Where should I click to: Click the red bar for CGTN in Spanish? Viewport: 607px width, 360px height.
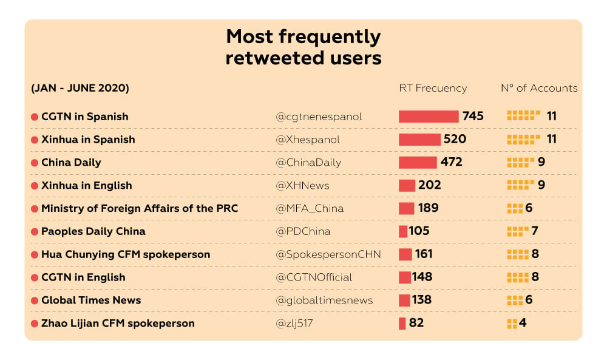tap(429, 117)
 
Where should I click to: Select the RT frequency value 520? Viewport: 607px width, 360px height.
tap(455, 139)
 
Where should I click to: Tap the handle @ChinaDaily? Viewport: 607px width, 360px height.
tap(308, 163)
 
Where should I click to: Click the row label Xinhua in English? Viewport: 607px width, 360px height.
tap(86, 185)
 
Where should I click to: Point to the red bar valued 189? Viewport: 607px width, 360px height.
tap(406, 208)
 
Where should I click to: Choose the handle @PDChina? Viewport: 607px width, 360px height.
tap(303, 231)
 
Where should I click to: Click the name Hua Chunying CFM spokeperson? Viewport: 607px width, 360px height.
tap(125, 254)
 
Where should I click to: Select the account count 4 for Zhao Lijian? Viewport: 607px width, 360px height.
tap(522, 323)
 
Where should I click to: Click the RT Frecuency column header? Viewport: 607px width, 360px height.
tap(433, 88)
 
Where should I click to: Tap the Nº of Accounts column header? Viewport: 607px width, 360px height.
tap(539, 88)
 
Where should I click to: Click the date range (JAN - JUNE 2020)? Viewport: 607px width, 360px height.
tap(80, 88)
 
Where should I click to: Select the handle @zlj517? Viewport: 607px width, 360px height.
tap(294, 323)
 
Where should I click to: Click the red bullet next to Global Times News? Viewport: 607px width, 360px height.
tap(35, 301)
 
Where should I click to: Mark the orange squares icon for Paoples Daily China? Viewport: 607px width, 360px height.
tap(517, 231)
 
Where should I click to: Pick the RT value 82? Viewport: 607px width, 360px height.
tap(416, 323)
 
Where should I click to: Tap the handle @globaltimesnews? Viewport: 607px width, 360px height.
tap(324, 301)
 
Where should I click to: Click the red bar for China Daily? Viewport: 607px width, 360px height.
tap(418, 163)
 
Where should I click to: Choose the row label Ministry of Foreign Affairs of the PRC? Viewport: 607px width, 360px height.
tap(139, 208)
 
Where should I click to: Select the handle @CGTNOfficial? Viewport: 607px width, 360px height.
tap(314, 277)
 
